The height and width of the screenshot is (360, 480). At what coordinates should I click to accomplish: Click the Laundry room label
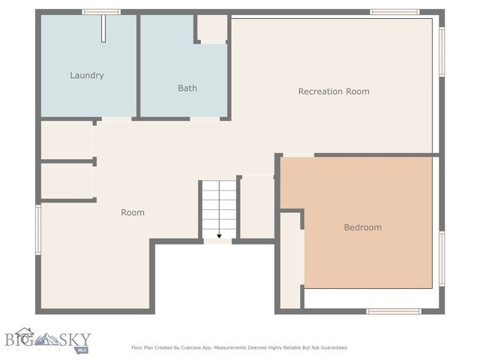86,75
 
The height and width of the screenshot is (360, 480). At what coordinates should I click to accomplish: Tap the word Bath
187,88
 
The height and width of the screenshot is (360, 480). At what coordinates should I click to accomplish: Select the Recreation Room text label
334,91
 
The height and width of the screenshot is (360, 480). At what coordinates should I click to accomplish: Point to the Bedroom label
362,227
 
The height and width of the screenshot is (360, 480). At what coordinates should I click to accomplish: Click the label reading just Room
133,212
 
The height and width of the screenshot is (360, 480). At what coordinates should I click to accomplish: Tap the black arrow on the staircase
218,235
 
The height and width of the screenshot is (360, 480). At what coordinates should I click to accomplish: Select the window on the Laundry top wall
101,12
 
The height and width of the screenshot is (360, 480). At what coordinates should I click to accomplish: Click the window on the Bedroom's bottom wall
393,310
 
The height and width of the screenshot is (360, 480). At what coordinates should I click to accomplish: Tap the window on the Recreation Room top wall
394,12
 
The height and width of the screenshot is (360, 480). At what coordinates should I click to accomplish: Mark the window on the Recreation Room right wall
442,52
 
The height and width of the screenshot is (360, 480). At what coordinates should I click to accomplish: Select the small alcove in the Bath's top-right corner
212,28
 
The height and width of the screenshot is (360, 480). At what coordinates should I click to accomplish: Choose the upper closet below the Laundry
67,139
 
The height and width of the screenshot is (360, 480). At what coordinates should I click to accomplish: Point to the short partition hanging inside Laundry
104,30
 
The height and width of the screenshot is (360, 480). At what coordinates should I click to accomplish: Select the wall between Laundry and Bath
138,65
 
